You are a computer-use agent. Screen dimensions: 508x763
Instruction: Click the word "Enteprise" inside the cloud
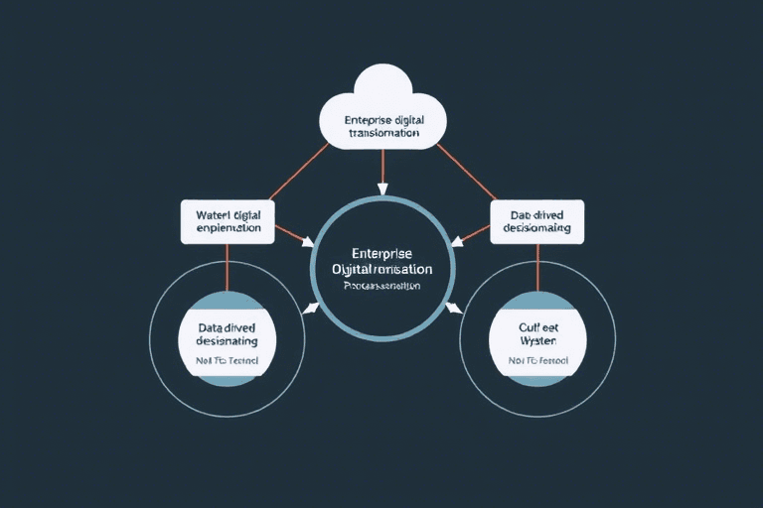coord(369,120)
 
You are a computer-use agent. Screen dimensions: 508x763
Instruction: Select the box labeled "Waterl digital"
coord(227,220)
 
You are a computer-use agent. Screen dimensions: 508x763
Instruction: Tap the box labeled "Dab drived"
coord(537,220)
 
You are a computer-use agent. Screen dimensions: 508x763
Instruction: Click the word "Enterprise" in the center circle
coord(381,254)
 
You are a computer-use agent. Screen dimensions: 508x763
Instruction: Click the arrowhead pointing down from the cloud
coord(381,188)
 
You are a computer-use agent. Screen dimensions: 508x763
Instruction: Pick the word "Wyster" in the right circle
coord(536,339)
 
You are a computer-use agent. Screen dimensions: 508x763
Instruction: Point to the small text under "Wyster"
coord(537,361)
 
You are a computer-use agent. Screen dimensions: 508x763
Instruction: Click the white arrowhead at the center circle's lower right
coord(454,307)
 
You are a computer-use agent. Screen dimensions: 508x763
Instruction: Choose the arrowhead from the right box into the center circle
coord(457,241)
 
